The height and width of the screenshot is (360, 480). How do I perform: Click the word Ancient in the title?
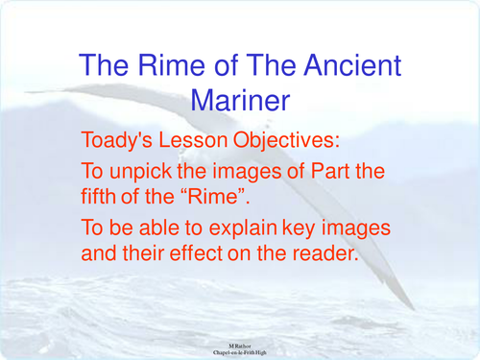[x=347, y=66]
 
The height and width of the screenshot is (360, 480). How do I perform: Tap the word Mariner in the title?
[x=240, y=99]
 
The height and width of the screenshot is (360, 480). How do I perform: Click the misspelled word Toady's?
[x=120, y=140]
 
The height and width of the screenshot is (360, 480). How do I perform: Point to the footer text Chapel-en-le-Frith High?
[x=240, y=352]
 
